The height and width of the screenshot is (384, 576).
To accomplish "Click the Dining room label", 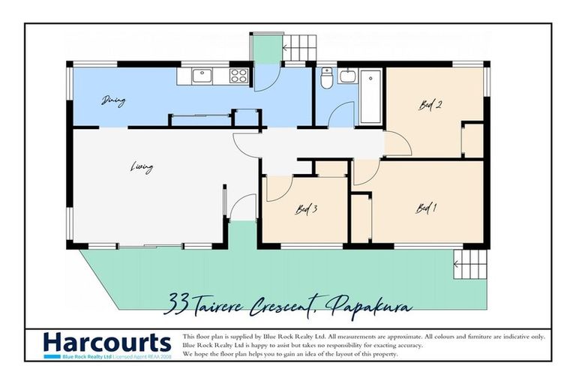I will pos(112,100).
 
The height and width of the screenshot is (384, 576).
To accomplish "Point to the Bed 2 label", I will pos(429,106).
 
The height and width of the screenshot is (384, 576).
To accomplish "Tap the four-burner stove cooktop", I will pos(239,75).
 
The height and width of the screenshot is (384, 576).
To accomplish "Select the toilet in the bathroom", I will pos(325,77).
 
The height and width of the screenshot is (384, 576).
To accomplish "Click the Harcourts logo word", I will pos(107,343).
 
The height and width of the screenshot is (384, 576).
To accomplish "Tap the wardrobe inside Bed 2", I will pos(472,139).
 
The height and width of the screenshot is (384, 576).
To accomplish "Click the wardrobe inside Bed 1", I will pos(361,217).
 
